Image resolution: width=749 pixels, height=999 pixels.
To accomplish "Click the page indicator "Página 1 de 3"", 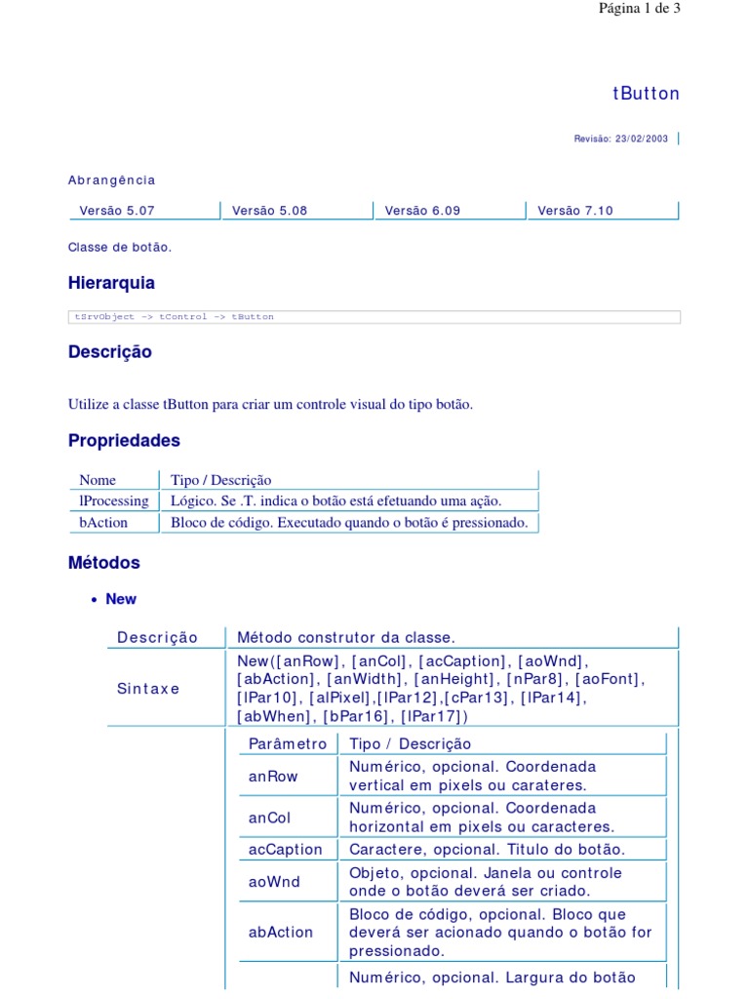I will tap(639, 9).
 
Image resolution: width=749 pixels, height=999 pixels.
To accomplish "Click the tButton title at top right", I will tap(646, 94).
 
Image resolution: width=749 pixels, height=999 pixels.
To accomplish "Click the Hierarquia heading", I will tap(111, 283).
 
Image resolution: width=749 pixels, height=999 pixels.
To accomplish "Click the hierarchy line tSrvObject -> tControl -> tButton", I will tap(175, 317).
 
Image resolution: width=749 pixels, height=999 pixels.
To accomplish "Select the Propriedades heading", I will tap(124, 440).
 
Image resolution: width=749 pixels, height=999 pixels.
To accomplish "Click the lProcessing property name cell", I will tap(114, 500).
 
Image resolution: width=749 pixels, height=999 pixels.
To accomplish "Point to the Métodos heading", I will tap(104, 563).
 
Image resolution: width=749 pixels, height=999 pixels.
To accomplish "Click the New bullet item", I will tap(121, 599).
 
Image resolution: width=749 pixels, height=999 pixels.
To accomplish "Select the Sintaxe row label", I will tap(148, 689).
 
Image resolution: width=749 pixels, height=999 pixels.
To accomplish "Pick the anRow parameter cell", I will tap(273, 777).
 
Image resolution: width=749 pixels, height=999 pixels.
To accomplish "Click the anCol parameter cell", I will tap(270, 818).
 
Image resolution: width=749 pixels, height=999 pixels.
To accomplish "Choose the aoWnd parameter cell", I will tap(274, 882).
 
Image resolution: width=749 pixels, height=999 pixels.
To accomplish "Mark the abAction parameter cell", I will tap(281, 932).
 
